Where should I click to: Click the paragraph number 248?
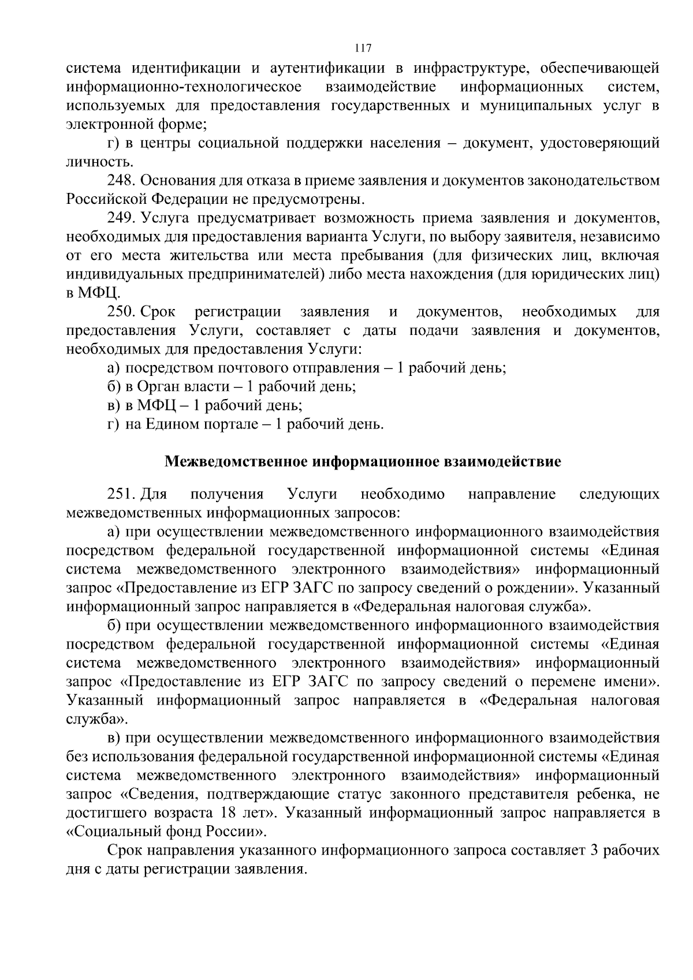point(120,181)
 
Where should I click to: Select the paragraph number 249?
point(120,218)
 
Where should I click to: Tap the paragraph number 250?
point(120,312)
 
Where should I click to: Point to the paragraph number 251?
point(120,494)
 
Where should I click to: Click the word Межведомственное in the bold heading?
point(237,463)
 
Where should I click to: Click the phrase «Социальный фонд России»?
point(167,832)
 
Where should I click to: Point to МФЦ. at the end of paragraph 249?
point(93,293)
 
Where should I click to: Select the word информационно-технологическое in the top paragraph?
point(184,87)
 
